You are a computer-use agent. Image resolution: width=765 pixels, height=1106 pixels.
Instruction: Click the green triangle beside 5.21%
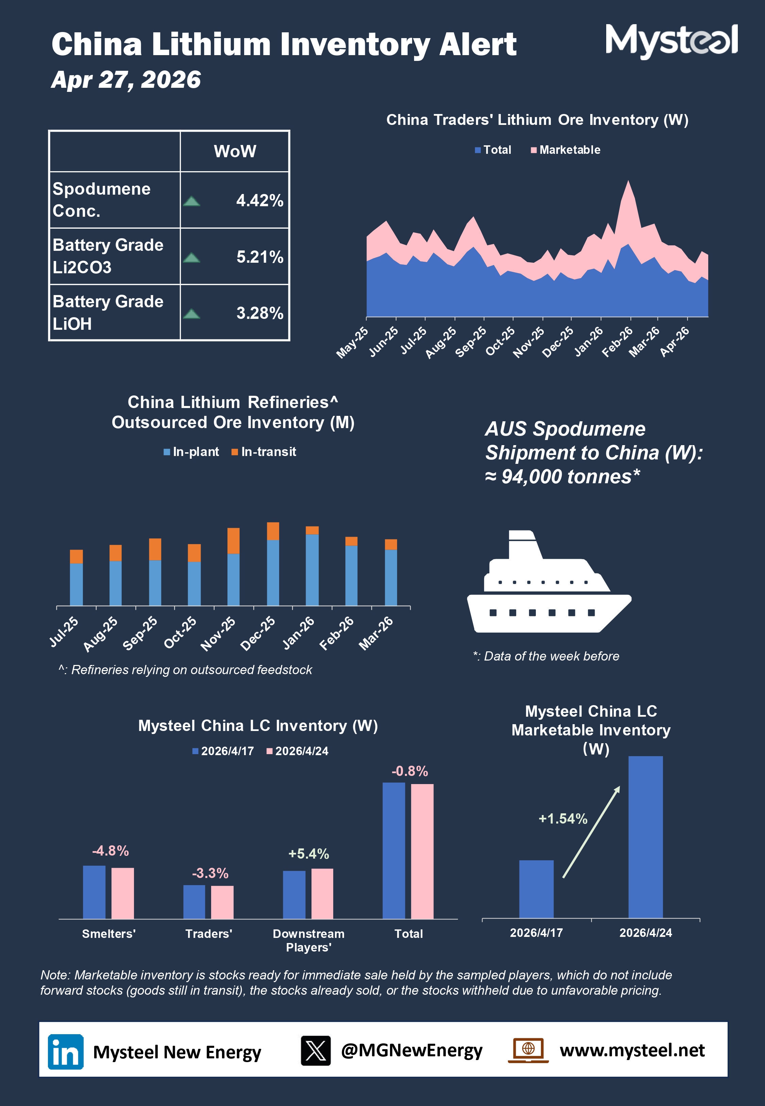click(x=192, y=258)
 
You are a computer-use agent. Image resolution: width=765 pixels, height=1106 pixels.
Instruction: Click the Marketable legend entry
click(x=566, y=150)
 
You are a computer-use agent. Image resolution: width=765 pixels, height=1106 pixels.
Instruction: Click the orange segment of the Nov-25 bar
click(x=234, y=540)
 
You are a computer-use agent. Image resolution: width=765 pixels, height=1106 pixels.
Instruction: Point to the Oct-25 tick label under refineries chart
click(x=180, y=632)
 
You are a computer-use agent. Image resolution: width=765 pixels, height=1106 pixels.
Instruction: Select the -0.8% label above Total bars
click(x=409, y=771)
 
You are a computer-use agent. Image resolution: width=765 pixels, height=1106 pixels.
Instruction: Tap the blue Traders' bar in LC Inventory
click(x=194, y=902)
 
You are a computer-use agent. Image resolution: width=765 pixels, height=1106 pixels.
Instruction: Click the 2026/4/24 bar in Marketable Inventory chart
click(x=645, y=837)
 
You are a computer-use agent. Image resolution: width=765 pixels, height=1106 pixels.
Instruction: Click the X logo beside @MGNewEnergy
click(x=316, y=1051)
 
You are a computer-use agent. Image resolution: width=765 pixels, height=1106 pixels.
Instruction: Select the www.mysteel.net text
click(x=632, y=1051)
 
